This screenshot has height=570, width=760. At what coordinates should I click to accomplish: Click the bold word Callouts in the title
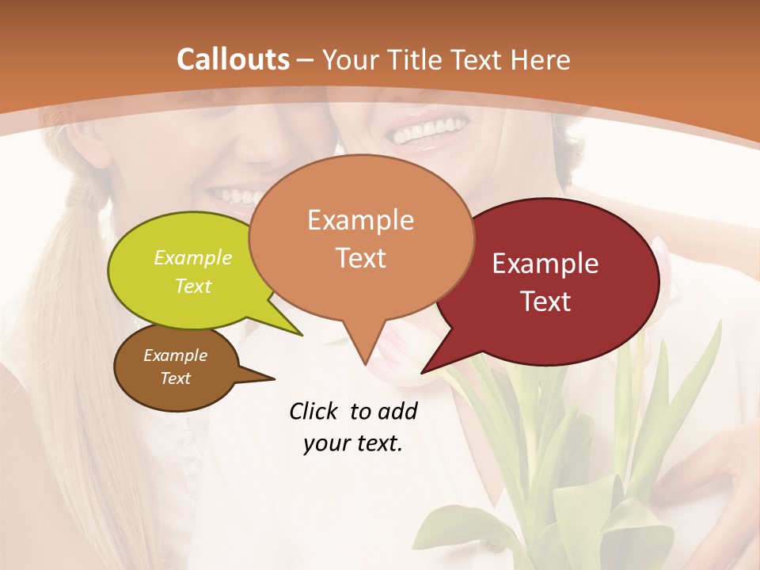coord(233,59)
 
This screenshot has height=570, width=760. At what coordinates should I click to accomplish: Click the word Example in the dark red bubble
coord(545,264)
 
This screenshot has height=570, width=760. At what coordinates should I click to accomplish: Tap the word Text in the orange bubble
coord(361,258)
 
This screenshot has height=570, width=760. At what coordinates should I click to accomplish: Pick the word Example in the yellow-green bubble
coord(193,257)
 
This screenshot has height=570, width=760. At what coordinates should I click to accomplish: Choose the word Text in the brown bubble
coord(176,378)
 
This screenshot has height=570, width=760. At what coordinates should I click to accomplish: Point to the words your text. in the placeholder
coord(353,443)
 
